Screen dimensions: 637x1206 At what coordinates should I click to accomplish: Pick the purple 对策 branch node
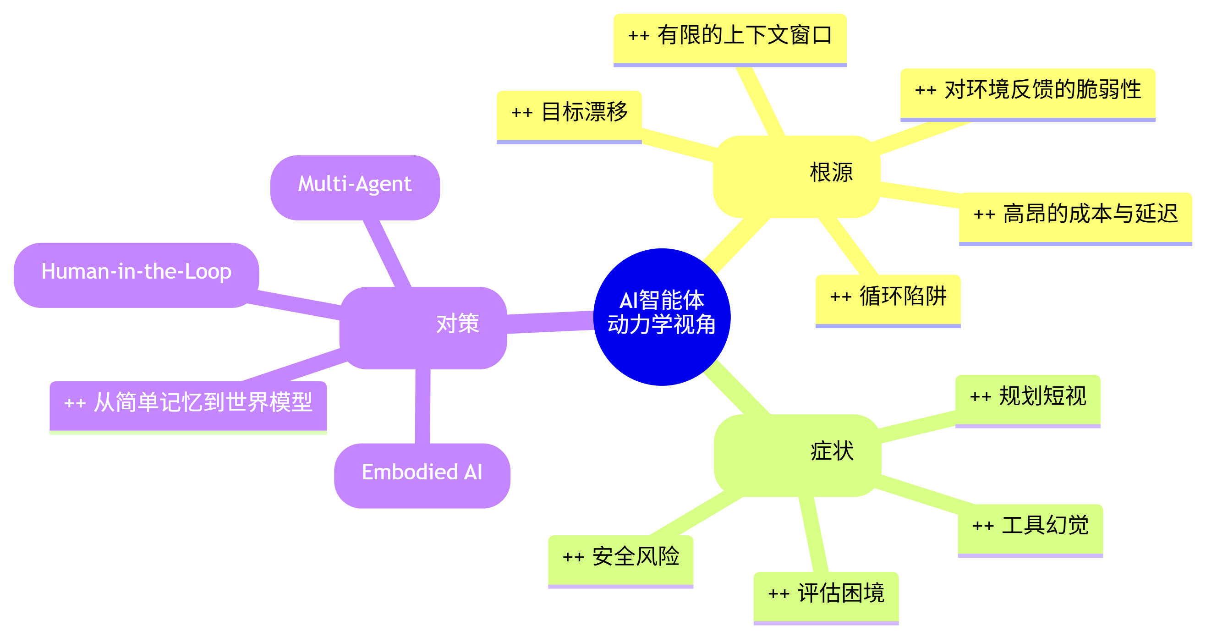(423, 327)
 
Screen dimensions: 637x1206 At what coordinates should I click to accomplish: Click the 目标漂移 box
(569, 115)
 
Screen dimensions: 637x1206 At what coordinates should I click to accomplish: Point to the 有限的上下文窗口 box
(730, 39)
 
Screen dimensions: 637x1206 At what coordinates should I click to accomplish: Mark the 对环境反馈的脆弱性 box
(1028, 93)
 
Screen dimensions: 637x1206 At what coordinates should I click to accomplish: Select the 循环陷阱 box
(888, 300)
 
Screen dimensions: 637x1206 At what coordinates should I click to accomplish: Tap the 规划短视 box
(1028, 400)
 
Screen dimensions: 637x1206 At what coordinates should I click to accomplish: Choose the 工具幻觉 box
(1030, 529)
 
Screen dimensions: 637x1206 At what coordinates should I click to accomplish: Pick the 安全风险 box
(620, 560)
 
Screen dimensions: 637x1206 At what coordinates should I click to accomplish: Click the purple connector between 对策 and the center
(551, 322)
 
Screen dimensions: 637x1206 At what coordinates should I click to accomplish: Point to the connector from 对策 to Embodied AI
(423, 406)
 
